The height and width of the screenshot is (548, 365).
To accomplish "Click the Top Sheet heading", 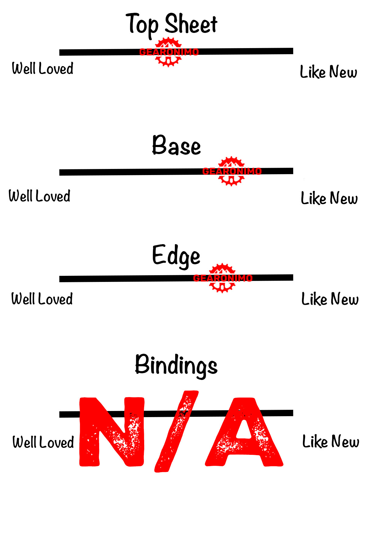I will [x=172, y=24].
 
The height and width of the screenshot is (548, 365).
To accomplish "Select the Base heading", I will [x=176, y=146].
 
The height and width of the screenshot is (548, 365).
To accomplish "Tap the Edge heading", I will [x=176, y=256].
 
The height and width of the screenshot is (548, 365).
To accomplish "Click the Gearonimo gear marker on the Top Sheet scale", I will [x=169, y=52].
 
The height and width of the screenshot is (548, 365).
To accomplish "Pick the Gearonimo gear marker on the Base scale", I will [x=231, y=171].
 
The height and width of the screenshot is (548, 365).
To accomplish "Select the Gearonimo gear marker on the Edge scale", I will [x=222, y=278].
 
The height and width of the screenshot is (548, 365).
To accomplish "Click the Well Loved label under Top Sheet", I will [x=43, y=68].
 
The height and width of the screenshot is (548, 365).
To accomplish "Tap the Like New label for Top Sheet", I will [x=328, y=72].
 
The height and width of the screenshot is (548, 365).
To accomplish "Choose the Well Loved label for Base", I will [x=40, y=196].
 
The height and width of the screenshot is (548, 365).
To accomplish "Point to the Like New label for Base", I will [x=329, y=198].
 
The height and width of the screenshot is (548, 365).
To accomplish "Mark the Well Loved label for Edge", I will [x=42, y=299].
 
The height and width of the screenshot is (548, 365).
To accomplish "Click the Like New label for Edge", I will [x=330, y=299].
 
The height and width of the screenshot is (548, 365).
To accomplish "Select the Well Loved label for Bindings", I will [x=43, y=442].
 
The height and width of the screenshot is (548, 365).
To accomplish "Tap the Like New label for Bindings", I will [x=331, y=441].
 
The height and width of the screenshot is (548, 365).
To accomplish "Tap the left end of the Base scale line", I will [x=61, y=173].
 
